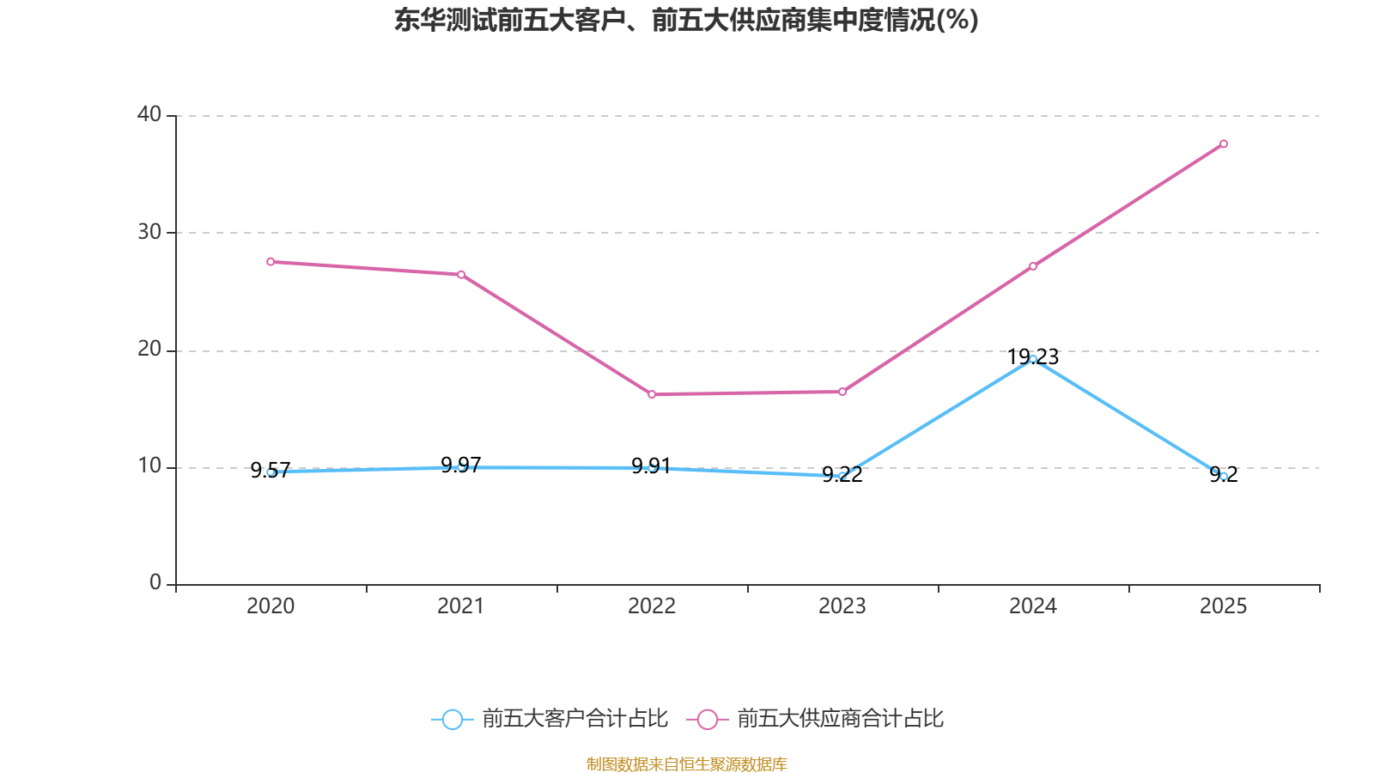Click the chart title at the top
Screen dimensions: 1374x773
(686, 21)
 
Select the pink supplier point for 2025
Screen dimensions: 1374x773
(1224, 144)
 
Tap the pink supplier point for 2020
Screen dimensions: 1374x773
(271, 262)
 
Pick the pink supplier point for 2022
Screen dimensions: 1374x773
(652, 394)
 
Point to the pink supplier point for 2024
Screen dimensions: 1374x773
(1033, 266)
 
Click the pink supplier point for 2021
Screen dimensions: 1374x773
(461, 275)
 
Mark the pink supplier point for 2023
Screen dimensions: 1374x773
(842, 392)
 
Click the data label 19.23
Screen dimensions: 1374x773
(1033, 357)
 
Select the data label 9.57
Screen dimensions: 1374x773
(271, 471)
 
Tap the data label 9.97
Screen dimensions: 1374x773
(461, 465)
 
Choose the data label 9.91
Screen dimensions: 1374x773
(652, 466)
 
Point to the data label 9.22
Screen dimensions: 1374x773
(842, 474)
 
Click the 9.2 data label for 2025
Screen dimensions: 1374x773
(1224, 474)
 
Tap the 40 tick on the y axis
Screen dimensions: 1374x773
(149, 114)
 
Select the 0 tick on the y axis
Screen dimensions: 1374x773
(155, 582)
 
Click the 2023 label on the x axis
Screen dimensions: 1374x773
(842, 606)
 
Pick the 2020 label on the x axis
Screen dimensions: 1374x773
(271, 606)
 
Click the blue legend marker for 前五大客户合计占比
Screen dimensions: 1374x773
(453, 719)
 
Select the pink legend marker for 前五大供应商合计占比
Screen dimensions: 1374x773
(708, 719)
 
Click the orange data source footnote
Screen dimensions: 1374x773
(686, 764)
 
